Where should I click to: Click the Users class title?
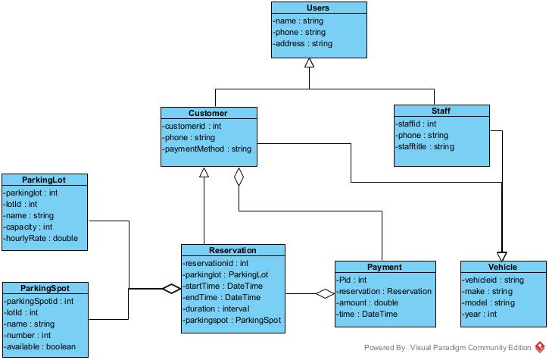318,8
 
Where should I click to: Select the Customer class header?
208,113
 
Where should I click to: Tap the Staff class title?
441,111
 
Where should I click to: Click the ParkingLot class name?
44,180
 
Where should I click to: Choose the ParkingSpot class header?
46,288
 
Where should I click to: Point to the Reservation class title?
232,250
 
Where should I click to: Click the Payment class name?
384,267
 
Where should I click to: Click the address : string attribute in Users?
303,44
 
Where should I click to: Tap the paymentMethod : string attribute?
207,149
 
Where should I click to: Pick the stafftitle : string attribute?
426,146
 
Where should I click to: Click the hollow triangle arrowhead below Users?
309,64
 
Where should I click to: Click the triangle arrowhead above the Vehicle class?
501,256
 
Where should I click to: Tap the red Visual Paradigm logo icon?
539,347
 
